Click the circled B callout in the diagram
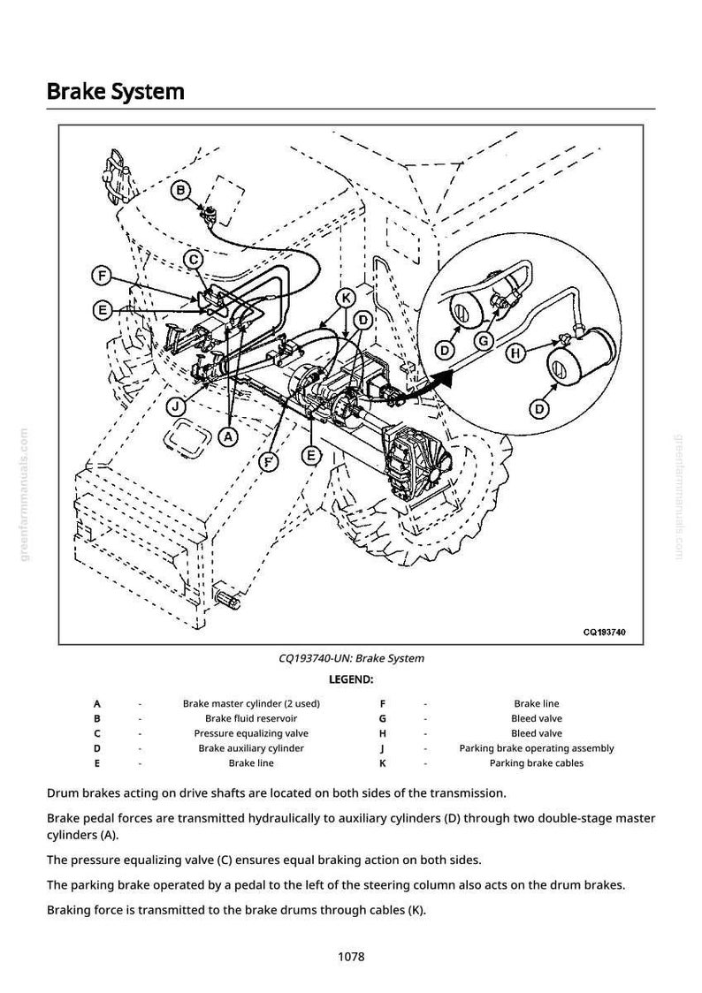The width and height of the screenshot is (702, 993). tap(180, 189)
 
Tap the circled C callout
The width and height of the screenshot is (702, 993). tap(194, 259)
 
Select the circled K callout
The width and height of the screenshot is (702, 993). tap(346, 297)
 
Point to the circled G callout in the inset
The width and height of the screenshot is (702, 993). tap(484, 341)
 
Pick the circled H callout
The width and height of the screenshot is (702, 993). tap(515, 352)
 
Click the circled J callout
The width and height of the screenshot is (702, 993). tap(178, 406)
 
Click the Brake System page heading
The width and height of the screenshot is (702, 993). tap(115, 92)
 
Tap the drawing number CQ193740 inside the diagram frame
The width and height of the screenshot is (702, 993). tap(605, 632)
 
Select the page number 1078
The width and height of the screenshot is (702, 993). tap(351, 956)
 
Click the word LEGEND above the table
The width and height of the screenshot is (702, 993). tap(351, 679)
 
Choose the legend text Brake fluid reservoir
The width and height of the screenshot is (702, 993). tap(251, 718)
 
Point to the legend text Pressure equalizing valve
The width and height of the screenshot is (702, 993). tap(251, 733)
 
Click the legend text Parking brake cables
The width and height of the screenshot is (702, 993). tap(537, 763)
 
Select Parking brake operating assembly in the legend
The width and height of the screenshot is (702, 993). tap(537, 748)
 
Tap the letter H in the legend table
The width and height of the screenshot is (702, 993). tap(383, 733)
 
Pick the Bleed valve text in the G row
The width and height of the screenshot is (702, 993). tap(537, 718)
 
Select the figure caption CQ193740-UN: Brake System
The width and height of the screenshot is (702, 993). tap(351, 658)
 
